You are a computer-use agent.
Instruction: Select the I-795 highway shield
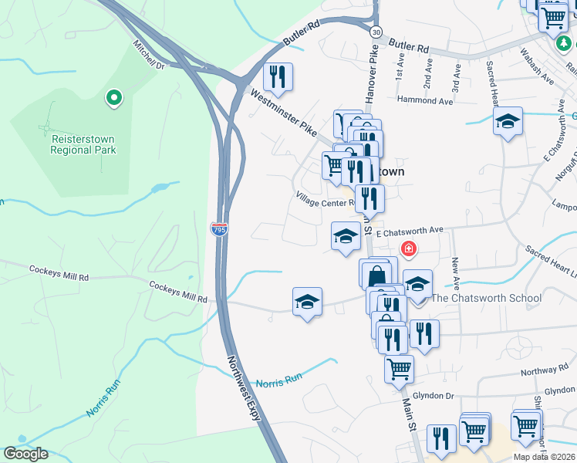click(x=219, y=228)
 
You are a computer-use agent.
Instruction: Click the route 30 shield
click(x=375, y=32)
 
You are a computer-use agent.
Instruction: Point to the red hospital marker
click(x=408, y=249)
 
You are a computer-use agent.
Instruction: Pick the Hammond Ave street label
click(x=424, y=100)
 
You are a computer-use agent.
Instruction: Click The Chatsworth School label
click(x=486, y=298)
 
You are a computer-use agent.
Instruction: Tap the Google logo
click(x=26, y=454)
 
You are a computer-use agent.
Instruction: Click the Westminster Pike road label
click(x=284, y=115)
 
